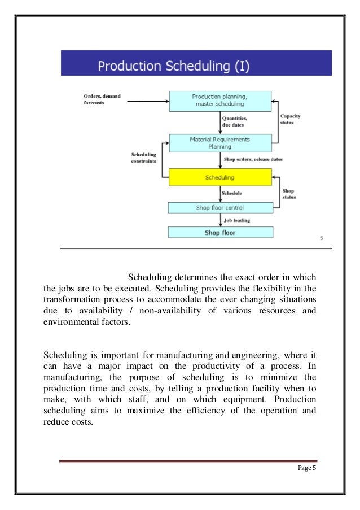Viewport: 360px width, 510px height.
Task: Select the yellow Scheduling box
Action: [x=221, y=177]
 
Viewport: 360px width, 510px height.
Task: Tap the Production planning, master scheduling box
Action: [x=220, y=101]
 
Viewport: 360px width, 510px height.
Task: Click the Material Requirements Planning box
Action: [x=221, y=142]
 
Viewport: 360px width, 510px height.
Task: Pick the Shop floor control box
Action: [x=221, y=207]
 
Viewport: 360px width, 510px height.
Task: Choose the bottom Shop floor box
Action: [x=221, y=232]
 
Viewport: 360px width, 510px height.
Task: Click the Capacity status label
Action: [x=291, y=119]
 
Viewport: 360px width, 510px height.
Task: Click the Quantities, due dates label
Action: [x=236, y=121]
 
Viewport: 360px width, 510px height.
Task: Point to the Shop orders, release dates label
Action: [x=253, y=159]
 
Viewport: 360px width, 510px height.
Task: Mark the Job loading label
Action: [x=238, y=220]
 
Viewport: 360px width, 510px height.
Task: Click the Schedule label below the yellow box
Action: [x=232, y=193]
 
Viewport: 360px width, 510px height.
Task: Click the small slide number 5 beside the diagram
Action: [x=321, y=238]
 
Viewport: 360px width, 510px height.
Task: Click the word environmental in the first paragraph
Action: [x=71, y=322]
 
